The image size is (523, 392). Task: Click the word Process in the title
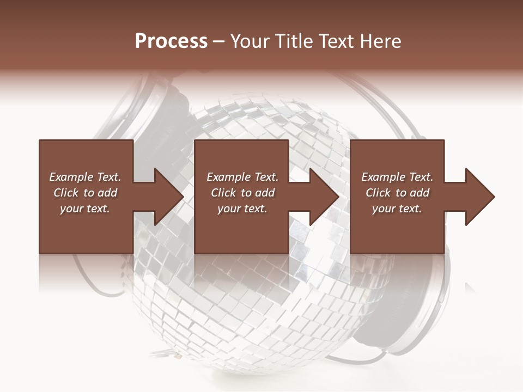point(171,41)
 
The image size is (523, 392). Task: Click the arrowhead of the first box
point(167,197)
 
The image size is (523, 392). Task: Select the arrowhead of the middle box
point(322,197)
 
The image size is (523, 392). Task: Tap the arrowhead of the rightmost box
point(478,197)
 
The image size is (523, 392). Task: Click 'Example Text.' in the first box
point(85,177)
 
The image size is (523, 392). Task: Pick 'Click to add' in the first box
point(85,193)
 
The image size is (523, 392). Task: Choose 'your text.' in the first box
point(85,209)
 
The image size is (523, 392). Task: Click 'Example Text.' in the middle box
point(242,177)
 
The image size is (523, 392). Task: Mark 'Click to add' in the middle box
point(242,193)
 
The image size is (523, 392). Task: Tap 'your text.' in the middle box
point(242,209)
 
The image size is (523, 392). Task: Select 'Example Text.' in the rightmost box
point(397,177)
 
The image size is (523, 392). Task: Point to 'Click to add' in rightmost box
point(397,193)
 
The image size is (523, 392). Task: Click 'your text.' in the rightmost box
point(397,209)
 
